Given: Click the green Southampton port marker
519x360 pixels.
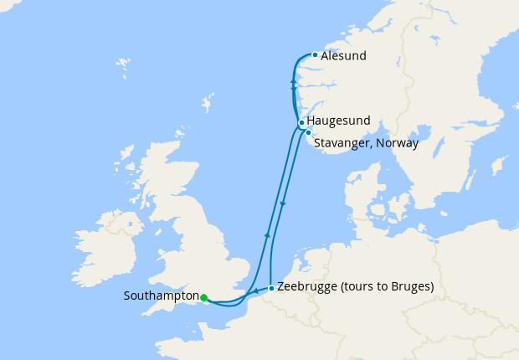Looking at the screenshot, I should [203, 296].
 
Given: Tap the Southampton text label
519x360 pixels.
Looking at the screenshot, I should [161, 296].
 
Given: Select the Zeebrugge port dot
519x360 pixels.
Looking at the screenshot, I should [271, 288].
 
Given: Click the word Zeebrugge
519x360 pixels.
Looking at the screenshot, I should [309, 287].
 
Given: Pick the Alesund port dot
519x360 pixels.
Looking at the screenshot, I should [315, 55].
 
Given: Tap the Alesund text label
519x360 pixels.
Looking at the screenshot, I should [343, 56].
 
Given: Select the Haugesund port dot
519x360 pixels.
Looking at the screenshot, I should [301, 122].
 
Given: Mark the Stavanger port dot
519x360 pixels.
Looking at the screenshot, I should [308, 132].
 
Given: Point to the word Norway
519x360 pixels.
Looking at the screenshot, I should [398, 143].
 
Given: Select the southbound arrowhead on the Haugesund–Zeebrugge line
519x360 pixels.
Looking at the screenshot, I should [284, 204].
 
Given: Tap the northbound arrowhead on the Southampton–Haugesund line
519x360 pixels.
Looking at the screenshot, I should [267, 235].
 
